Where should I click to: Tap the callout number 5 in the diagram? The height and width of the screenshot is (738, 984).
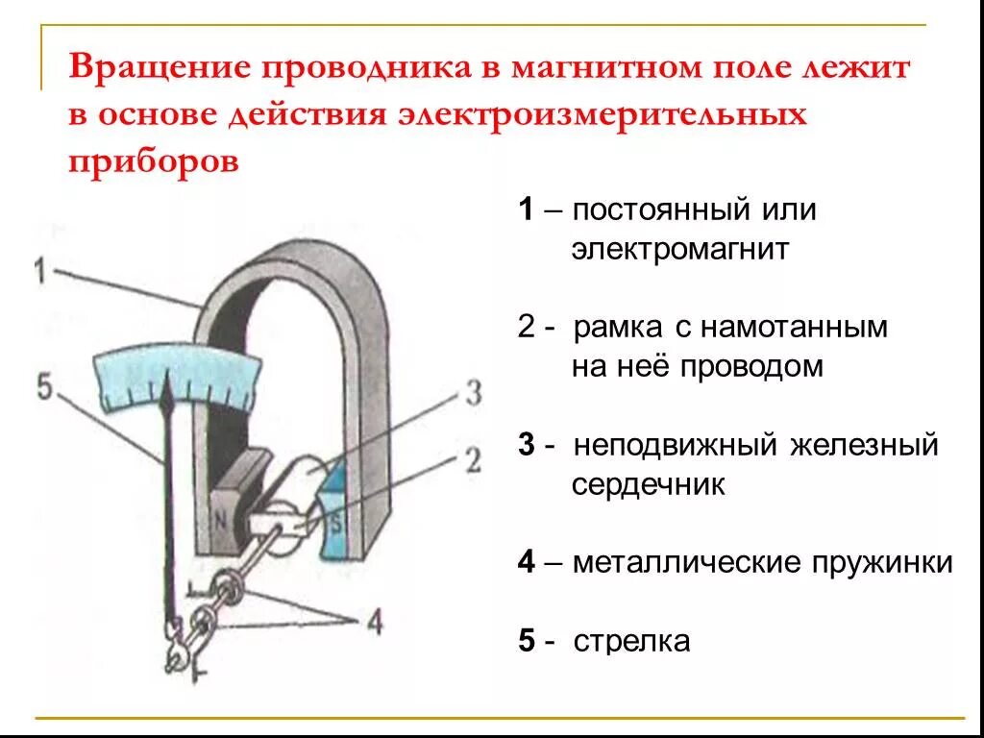[x=45, y=387]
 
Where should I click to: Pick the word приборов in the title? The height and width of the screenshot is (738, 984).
[x=153, y=160]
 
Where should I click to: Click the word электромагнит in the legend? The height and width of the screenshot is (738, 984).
[x=679, y=251]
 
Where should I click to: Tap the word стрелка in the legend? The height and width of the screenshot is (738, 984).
[x=631, y=641]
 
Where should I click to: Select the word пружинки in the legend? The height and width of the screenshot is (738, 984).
[x=883, y=562]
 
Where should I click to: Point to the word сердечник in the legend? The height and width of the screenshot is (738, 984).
[x=648, y=485]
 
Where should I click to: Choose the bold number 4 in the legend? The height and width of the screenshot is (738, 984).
[x=526, y=562]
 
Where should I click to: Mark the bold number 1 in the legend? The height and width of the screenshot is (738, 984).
[x=526, y=210]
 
